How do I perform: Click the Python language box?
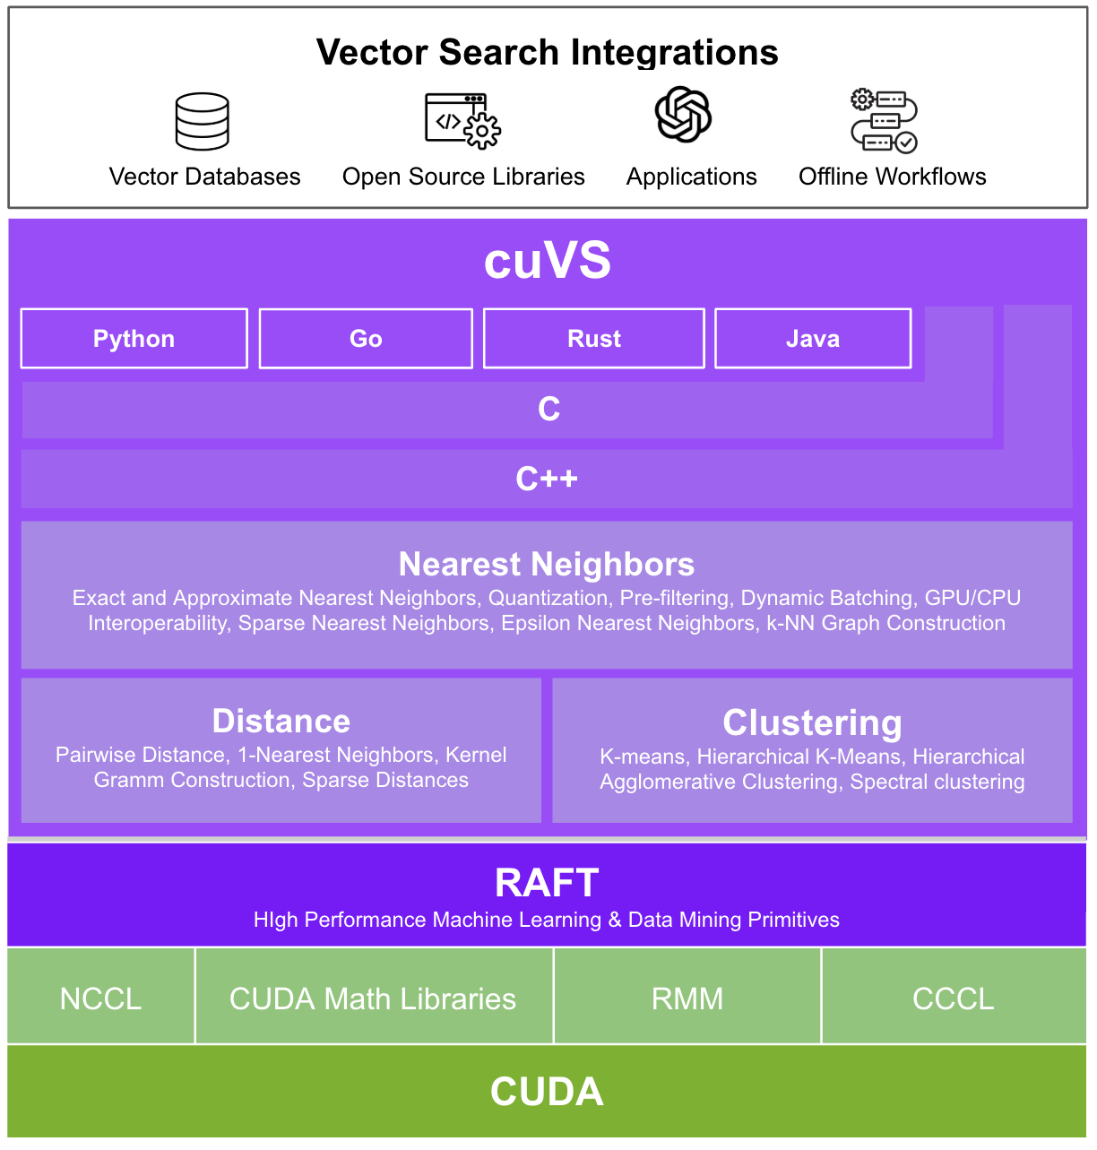[134, 339]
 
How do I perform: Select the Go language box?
[366, 339]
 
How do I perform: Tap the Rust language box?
[594, 339]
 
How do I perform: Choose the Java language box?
[813, 339]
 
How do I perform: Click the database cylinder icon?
[203, 121]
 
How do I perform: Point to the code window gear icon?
[462, 121]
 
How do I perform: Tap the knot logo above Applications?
[683, 115]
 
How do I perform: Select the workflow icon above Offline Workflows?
[884, 121]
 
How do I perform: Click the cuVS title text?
[548, 261]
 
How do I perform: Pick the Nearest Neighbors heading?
[547, 565]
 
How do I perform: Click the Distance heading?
[281, 722]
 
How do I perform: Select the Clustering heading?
[812, 723]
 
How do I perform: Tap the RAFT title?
[547, 884]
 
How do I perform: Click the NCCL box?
[101, 999]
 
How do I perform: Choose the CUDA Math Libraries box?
[373, 999]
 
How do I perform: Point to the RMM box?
[687, 999]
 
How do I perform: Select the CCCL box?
[954, 999]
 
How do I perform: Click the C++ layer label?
[547, 480]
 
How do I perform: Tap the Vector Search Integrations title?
[548, 53]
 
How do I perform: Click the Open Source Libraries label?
[463, 177]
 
